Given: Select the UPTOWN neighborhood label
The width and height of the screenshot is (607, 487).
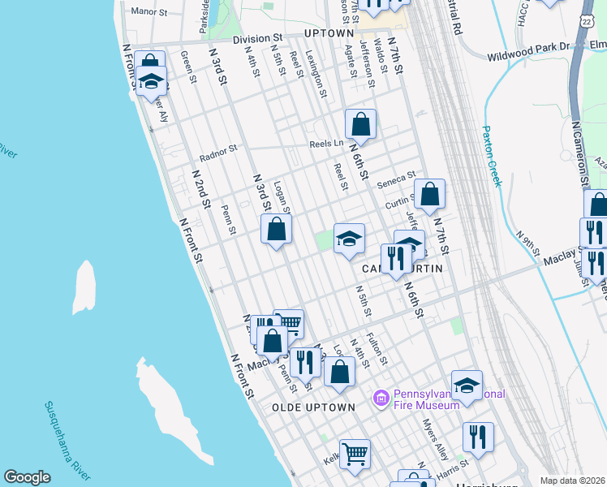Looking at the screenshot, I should tap(329, 33).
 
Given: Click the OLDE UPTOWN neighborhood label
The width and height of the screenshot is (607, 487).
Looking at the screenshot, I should tap(314, 407).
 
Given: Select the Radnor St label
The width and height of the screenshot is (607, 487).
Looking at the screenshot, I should tap(217, 149).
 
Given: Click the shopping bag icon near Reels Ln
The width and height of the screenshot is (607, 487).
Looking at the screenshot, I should tap(360, 124).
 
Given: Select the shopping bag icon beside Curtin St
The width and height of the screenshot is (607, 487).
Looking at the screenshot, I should tap(429, 194).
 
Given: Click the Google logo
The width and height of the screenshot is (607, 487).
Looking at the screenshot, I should tap(27, 477).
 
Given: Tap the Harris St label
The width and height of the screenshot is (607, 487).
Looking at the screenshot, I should tap(452, 466).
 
